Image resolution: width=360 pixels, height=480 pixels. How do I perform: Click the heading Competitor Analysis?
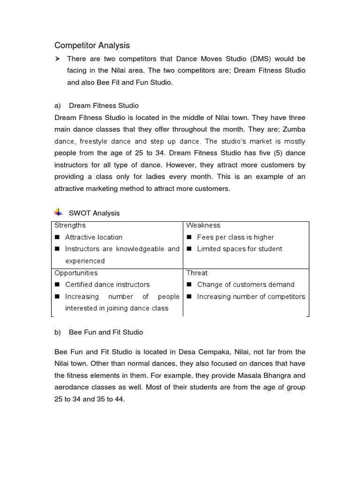click(x=92, y=45)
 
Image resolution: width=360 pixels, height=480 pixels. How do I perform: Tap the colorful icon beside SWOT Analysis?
click(x=59, y=212)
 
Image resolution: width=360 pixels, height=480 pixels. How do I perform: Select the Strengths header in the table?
click(x=70, y=225)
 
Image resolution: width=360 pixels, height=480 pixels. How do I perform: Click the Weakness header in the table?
click(x=203, y=225)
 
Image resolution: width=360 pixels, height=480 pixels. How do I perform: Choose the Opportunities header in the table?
click(x=76, y=273)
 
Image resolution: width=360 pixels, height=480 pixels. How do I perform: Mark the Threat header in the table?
click(x=197, y=273)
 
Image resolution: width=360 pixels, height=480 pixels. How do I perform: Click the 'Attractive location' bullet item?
click(x=94, y=237)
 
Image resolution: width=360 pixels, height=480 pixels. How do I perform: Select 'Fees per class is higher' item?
click(x=235, y=237)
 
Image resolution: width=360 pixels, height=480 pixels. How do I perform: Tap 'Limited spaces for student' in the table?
click(x=240, y=249)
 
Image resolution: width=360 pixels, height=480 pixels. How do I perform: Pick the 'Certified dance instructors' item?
click(x=107, y=285)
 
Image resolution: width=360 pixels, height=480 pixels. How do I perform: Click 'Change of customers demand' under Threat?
click(x=246, y=285)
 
